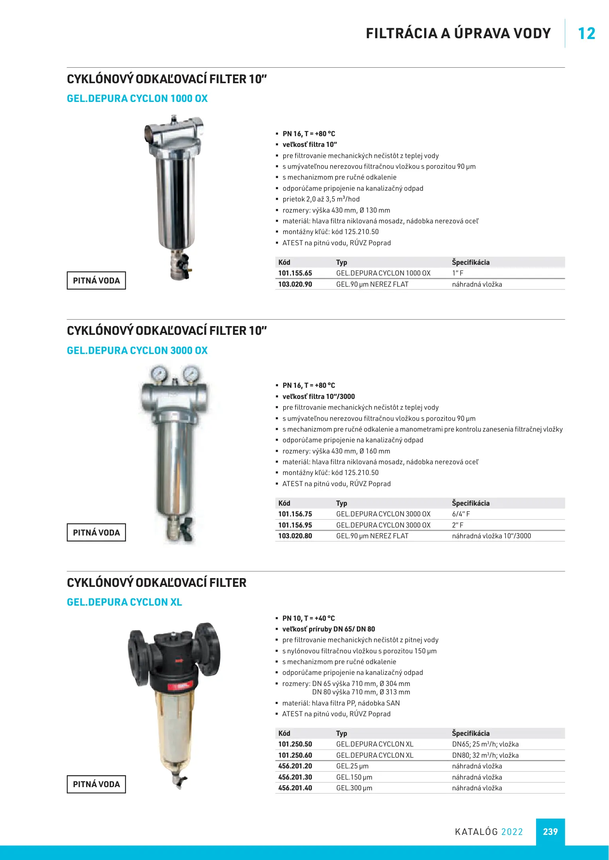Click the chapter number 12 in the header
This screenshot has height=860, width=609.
(586, 34)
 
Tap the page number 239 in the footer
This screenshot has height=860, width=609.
(550, 831)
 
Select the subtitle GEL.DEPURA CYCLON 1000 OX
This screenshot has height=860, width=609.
(137, 98)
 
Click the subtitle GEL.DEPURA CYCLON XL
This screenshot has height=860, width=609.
(124, 602)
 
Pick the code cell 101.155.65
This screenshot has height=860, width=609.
(295, 273)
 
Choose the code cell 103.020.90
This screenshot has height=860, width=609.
(295, 284)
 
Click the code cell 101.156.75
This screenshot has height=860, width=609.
(295, 514)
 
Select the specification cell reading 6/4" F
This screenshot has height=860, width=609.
(461, 514)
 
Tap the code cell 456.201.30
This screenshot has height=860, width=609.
(295, 777)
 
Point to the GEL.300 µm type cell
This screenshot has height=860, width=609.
(354, 788)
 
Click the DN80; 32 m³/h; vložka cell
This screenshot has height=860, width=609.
(485, 755)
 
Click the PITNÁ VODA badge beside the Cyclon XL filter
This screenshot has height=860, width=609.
(96, 784)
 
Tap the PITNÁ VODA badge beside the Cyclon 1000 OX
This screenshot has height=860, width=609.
(96, 281)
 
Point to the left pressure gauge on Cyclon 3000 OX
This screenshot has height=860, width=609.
(159, 374)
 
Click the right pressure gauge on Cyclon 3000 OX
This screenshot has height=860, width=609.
(191, 374)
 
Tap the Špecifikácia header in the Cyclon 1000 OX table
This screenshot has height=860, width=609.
(470, 262)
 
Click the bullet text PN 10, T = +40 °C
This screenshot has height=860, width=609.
(309, 618)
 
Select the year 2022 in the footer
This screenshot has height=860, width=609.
(512, 832)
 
